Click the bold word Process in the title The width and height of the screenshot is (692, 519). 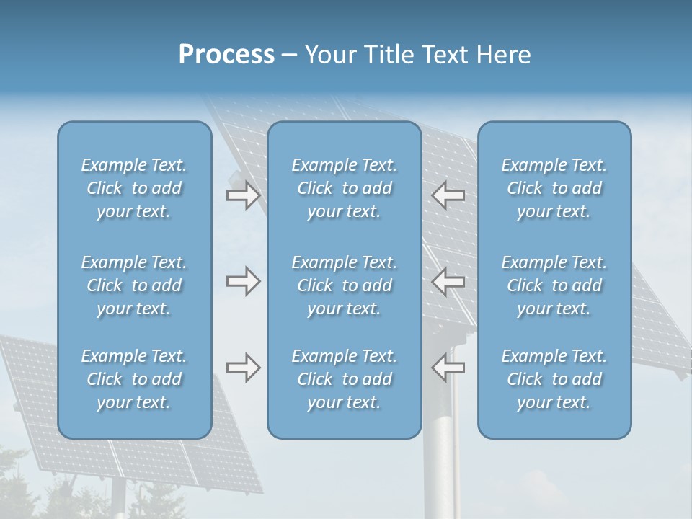(x=226, y=55)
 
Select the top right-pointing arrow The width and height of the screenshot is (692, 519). (x=243, y=195)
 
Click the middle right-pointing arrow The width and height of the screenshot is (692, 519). (x=243, y=281)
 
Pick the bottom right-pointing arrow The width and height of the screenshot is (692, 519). (x=243, y=368)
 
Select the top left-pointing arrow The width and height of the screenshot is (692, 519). (x=448, y=195)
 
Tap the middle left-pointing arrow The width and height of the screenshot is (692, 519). (x=448, y=281)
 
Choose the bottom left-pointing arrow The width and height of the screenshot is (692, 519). (x=448, y=368)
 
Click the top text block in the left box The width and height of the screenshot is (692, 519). (x=134, y=188)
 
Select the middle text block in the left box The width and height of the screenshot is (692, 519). (x=134, y=285)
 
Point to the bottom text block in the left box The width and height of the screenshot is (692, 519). (x=134, y=379)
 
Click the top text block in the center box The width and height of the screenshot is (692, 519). (x=345, y=188)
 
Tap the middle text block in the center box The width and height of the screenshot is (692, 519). (x=345, y=285)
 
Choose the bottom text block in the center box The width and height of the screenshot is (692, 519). (x=345, y=379)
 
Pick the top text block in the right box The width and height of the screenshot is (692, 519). (x=554, y=188)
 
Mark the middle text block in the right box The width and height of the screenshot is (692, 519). (x=554, y=285)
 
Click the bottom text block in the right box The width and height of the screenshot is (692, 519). (x=554, y=379)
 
